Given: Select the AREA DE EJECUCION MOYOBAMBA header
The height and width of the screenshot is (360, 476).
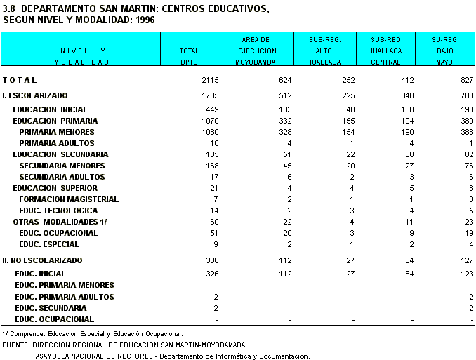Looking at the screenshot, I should (x=256, y=51).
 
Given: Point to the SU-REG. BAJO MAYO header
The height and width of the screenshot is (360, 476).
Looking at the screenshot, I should (x=446, y=51).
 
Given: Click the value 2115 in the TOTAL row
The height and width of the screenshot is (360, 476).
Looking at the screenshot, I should (x=210, y=80).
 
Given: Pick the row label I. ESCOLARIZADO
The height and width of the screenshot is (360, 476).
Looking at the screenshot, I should (x=35, y=95).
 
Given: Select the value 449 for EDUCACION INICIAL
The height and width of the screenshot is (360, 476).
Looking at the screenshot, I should (x=213, y=109).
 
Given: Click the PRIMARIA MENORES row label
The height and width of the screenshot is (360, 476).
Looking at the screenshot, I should (x=57, y=132).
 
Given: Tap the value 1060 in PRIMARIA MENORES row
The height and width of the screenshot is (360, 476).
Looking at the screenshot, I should (x=210, y=132).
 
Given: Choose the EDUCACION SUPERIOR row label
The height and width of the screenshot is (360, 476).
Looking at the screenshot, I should (x=55, y=188).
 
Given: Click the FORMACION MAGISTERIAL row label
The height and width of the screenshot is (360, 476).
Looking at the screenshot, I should (x=69, y=199).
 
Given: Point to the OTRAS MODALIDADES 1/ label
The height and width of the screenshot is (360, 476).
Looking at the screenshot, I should (x=60, y=222).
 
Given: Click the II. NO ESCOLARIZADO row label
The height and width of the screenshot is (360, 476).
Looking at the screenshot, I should (x=43, y=260).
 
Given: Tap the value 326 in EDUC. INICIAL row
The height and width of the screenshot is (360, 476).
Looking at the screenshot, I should (x=213, y=274).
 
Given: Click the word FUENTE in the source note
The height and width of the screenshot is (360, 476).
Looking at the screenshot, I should (x=16, y=345).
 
